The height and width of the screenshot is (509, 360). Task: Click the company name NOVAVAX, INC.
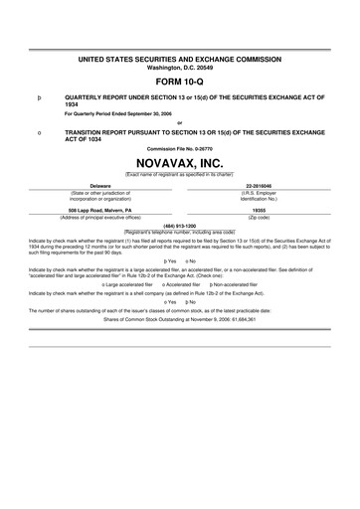click(179, 160)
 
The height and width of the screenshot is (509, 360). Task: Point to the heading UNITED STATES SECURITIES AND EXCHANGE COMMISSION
click(179, 61)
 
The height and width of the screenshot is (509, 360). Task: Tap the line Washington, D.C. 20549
click(179, 69)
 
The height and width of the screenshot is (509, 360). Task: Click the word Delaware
click(99, 185)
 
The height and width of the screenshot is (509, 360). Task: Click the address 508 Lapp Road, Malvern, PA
click(99, 211)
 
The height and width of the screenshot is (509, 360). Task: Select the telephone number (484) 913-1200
click(179, 225)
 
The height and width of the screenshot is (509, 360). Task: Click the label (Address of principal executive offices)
click(99, 218)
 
